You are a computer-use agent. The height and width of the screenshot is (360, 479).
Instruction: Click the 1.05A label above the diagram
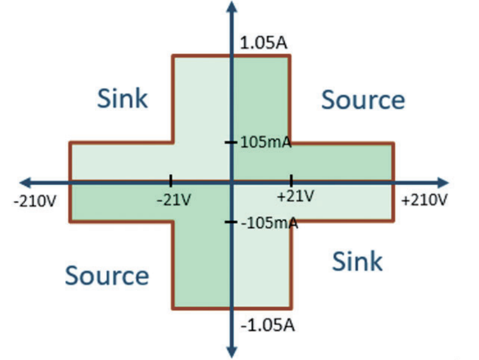click(264, 43)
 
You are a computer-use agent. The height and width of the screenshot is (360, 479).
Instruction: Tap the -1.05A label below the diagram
click(268, 325)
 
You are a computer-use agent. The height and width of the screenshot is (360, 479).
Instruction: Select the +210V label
click(425, 200)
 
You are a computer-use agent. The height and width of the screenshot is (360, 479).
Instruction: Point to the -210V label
click(35, 201)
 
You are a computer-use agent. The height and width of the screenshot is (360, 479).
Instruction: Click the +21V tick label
click(295, 196)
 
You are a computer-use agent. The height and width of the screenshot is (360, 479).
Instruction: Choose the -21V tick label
click(174, 200)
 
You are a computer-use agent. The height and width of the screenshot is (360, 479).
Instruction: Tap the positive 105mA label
click(266, 142)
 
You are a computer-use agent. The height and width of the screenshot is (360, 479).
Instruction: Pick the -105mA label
click(270, 223)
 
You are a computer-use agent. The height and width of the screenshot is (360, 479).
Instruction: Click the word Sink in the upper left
click(122, 98)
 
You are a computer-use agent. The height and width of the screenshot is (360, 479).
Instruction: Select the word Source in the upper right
click(363, 100)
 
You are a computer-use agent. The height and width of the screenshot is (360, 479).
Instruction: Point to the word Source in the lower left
click(107, 275)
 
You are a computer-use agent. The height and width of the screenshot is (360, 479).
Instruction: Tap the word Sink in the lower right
click(357, 261)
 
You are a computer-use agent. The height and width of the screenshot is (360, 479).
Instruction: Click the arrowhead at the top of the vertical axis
click(232, 7)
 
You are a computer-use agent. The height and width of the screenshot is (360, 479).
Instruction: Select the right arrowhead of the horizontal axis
click(443, 183)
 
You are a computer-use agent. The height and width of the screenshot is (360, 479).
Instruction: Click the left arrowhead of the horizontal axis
click(25, 183)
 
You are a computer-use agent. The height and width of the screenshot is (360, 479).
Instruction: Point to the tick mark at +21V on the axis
click(291, 181)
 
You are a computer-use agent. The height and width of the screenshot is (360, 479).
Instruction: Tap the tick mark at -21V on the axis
click(171, 181)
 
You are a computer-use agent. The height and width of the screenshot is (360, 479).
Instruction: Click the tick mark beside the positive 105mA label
click(231, 142)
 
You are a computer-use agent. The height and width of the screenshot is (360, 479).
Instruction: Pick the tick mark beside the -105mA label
click(231, 222)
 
